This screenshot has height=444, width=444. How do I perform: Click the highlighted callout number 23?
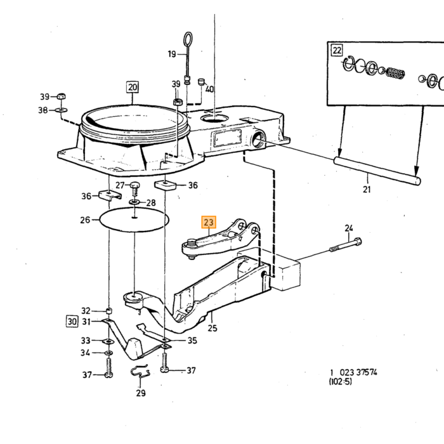click(x=209, y=222)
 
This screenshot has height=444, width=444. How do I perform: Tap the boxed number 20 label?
click(x=133, y=88)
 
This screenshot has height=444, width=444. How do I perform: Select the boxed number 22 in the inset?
click(x=337, y=50)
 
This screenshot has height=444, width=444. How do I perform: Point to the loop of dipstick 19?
click(x=188, y=39)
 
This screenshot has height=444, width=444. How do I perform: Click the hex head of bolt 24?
click(x=358, y=242)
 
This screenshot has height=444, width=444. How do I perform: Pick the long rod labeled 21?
click(x=377, y=171)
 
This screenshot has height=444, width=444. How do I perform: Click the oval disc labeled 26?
click(x=134, y=219)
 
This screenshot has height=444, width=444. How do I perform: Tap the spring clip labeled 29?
click(x=140, y=371)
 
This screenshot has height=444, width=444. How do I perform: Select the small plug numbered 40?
click(x=201, y=82)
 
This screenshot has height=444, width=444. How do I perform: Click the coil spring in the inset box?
click(x=396, y=74)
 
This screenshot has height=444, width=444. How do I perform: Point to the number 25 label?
click(x=212, y=328)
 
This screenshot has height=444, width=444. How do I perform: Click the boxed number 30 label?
click(x=72, y=322)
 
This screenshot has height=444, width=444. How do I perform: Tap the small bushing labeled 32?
click(x=109, y=311)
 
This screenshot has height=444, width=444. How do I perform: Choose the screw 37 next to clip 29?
click(x=164, y=362)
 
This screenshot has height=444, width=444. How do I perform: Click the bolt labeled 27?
click(x=135, y=189)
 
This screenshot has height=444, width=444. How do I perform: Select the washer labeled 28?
click(x=134, y=202)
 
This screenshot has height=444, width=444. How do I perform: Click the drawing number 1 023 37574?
click(x=354, y=372)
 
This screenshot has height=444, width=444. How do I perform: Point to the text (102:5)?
click(x=341, y=382)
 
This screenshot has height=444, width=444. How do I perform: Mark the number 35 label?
click(x=192, y=341)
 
